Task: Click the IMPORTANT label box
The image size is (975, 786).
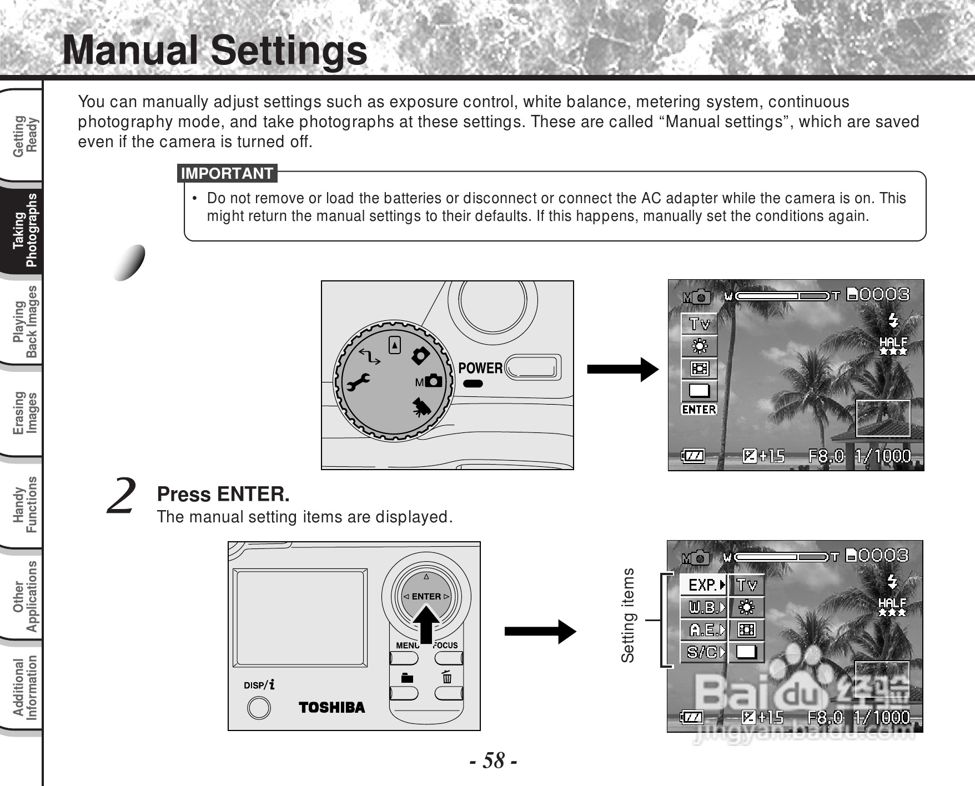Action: (227, 173)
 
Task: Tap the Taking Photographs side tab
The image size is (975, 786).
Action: (26, 230)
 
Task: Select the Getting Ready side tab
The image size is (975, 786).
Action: (26, 137)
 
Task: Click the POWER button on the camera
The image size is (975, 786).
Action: (532, 367)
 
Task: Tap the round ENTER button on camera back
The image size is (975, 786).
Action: (426, 597)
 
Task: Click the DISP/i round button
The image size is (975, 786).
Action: (259, 708)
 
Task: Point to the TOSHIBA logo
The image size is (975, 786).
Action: (331, 707)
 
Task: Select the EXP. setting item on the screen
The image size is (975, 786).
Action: (703, 585)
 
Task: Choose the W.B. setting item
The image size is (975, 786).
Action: (703, 607)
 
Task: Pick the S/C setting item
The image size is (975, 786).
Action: (703, 652)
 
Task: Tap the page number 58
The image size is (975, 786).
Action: (494, 760)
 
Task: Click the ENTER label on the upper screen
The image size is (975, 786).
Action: (699, 410)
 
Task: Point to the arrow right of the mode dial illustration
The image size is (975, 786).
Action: (622, 369)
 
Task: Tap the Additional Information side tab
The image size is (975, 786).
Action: (26, 688)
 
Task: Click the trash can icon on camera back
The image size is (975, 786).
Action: (447, 678)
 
